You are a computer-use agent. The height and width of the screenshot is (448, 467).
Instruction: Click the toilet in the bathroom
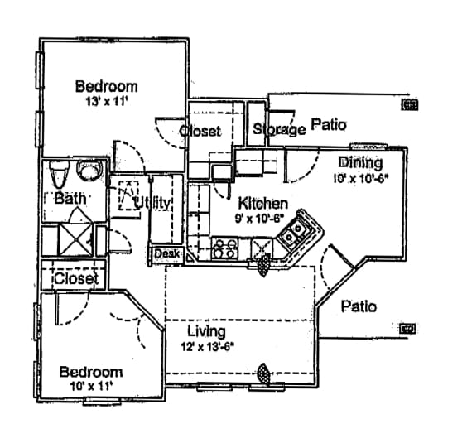tap(59, 176)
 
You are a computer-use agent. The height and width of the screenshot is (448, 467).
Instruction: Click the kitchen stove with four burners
tap(224, 248)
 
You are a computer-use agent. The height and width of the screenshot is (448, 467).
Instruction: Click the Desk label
tap(166, 253)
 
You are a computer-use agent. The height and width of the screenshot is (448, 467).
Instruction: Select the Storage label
tap(279, 129)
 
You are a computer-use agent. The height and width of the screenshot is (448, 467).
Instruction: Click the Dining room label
tap(360, 163)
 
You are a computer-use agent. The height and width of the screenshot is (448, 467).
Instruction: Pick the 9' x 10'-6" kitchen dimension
tap(261, 218)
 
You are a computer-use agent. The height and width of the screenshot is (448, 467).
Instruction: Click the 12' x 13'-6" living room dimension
tap(208, 348)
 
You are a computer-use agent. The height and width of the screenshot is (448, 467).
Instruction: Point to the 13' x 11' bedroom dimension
tap(106, 102)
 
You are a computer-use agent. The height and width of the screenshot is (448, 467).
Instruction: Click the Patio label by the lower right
tap(359, 306)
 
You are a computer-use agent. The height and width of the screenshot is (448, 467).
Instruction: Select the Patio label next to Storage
tap(329, 126)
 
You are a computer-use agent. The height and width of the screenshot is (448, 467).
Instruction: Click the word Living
tap(206, 332)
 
